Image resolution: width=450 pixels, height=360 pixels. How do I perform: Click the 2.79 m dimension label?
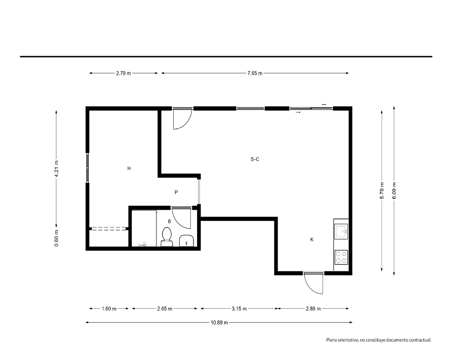123,73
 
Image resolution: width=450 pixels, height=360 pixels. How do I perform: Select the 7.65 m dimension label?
255,73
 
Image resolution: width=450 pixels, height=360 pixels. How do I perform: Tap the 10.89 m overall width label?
219,322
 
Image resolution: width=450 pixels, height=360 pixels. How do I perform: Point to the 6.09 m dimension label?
394,190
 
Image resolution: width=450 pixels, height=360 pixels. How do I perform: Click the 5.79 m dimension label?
382,190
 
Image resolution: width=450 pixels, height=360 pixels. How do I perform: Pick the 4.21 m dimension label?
57,169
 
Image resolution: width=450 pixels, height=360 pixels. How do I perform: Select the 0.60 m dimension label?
57,238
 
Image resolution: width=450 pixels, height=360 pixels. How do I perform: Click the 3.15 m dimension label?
239,309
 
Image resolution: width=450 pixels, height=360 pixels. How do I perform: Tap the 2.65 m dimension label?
164,309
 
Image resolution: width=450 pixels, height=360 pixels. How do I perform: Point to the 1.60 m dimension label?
109,309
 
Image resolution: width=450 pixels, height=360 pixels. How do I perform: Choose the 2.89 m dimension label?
313,309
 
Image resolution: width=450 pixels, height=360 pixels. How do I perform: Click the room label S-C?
255,159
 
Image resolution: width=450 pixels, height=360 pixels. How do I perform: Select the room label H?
129,168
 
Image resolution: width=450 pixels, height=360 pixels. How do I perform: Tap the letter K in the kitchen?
312,239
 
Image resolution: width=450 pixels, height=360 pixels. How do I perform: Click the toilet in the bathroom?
167,237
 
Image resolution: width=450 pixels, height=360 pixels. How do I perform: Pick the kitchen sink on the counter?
341,231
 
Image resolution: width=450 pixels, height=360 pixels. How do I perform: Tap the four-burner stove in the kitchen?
341,257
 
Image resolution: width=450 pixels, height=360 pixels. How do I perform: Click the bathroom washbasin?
187,241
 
